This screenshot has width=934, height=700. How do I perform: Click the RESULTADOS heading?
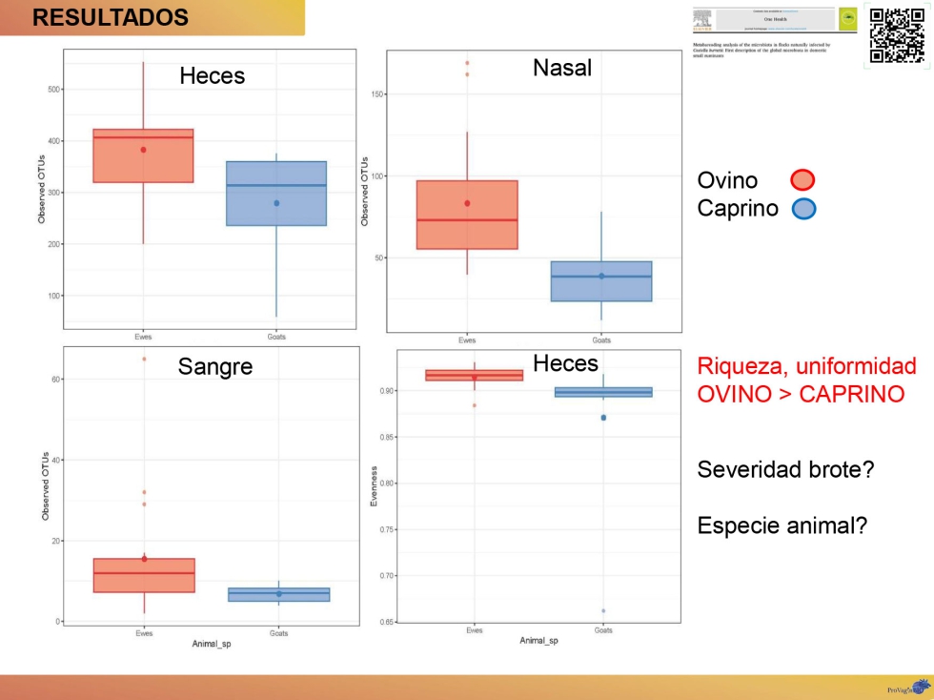[x=111, y=17]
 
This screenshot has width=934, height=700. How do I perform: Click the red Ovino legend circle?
[x=802, y=180]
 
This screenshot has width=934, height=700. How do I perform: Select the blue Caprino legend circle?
[x=803, y=209]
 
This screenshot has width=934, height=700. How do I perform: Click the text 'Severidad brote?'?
[x=785, y=469]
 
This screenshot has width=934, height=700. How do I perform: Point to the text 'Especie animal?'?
[x=782, y=525]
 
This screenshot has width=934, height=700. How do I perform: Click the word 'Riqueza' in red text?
[x=740, y=366]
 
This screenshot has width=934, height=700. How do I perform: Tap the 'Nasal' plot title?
[x=562, y=68]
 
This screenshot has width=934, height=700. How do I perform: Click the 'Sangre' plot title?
[x=215, y=366]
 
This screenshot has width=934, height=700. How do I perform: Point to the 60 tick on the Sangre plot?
[x=53, y=380]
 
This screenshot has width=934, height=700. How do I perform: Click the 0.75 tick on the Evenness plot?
[x=385, y=529]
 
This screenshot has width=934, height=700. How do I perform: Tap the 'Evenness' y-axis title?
[x=376, y=486]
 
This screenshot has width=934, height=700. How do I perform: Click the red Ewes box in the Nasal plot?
[x=467, y=215]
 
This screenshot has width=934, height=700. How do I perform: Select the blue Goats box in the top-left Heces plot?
[x=276, y=194]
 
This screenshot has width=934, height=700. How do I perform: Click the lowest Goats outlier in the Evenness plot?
[x=603, y=610]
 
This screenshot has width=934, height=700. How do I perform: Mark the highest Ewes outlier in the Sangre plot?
[x=144, y=359]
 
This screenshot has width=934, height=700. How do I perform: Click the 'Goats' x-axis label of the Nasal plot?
[x=601, y=340]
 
